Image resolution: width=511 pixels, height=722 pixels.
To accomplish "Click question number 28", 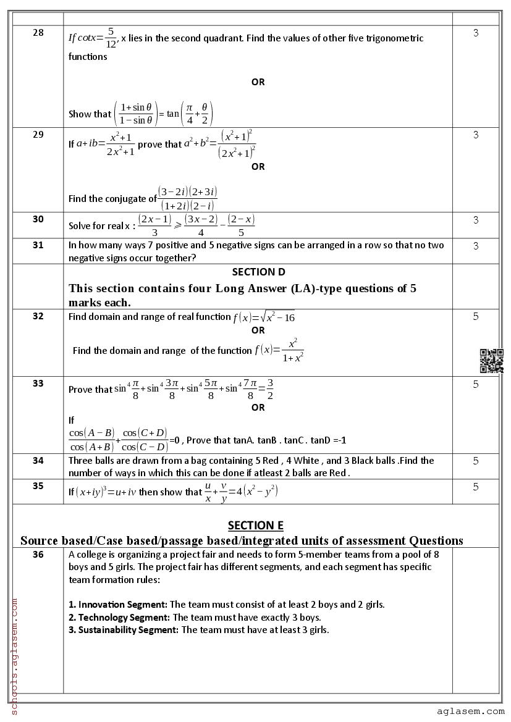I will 38,33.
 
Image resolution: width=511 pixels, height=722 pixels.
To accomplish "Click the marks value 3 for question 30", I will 476,220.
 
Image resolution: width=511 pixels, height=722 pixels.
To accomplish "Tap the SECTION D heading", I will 258,272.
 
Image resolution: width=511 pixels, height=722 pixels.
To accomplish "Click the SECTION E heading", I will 255,526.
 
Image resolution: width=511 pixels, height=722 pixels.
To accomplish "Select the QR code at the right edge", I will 492,361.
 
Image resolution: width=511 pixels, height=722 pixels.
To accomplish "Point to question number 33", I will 38,384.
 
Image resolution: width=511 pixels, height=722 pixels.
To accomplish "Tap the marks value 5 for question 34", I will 476,461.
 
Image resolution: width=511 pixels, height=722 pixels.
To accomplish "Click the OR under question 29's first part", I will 258,166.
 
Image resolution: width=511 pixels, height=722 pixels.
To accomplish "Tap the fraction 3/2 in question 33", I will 270,390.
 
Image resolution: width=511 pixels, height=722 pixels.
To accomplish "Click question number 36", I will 38,555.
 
